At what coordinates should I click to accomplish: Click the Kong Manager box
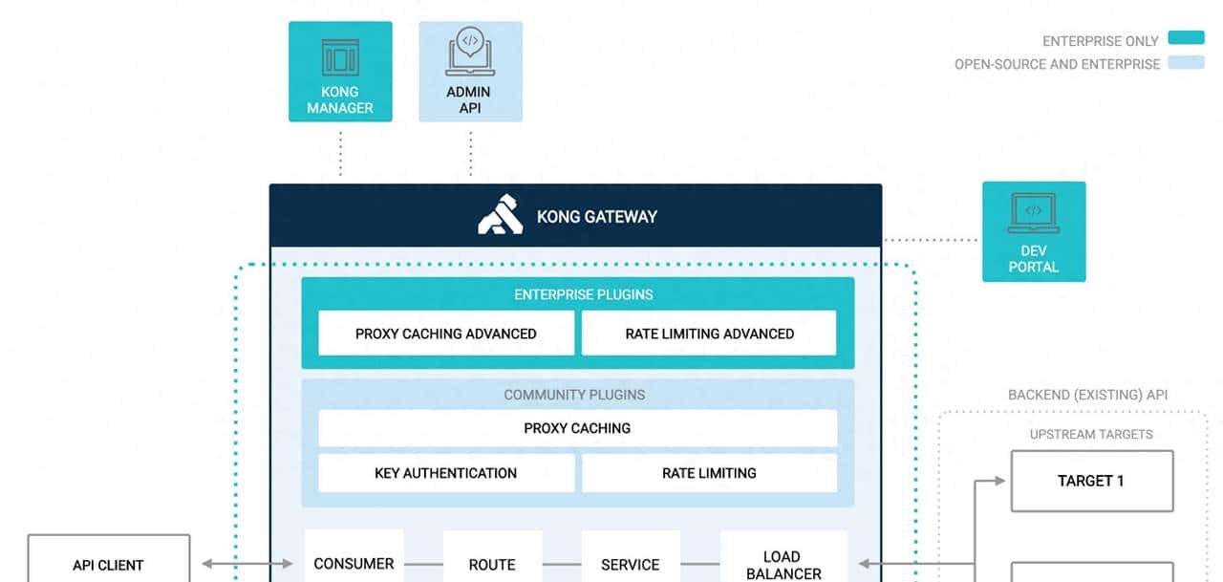(340, 72)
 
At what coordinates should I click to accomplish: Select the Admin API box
(470, 72)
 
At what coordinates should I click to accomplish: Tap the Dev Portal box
(1034, 231)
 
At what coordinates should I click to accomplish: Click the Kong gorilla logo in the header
(501, 215)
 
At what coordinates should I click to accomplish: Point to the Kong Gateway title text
(597, 217)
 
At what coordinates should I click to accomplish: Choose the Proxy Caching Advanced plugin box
(446, 334)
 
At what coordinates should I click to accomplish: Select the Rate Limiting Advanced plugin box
(709, 334)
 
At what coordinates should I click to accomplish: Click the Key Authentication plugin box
(446, 473)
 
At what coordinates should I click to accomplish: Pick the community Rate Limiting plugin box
(709, 473)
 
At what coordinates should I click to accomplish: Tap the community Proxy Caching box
(577, 428)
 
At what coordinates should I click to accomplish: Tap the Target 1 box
(1091, 481)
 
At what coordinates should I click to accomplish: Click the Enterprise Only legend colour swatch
(1186, 39)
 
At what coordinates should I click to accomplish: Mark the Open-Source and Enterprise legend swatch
(1186, 63)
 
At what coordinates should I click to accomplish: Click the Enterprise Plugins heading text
(584, 294)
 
